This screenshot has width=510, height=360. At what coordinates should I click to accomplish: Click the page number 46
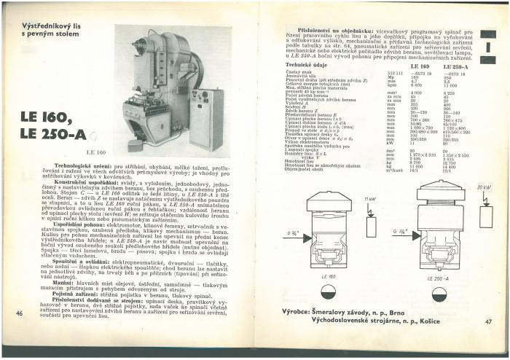(20, 313)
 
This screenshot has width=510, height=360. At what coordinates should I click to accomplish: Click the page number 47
(488, 321)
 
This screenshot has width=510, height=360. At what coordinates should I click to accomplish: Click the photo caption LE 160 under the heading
(96, 152)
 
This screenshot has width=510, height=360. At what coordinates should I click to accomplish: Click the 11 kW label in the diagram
(370, 198)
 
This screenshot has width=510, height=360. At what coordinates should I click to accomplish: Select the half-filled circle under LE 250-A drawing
(439, 295)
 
